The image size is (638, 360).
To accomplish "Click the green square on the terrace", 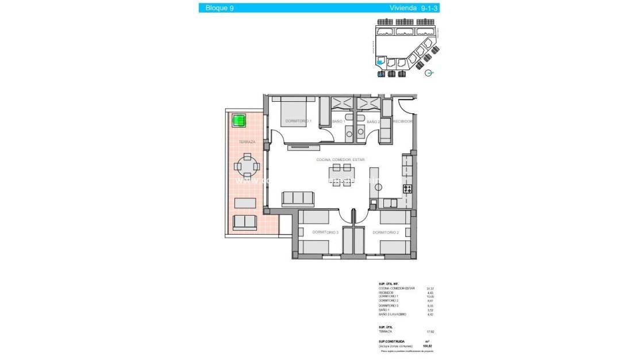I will pyautogui.click(x=239, y=120).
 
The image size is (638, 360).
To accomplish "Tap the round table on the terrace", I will pyautogui.click(x=247, y=167).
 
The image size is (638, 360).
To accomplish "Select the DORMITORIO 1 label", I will pyautogui.click(x=298, y=121).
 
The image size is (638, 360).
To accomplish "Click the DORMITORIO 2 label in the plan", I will pyautogui.click(x=385, y=232).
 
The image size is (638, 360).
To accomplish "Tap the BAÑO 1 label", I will pyautogui.click(x=339, y=122).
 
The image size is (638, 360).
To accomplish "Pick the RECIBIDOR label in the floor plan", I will pyautogui.click(x=403, y=122).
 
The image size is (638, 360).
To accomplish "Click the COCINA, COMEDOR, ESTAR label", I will pyautogui.click(x=340, y=160).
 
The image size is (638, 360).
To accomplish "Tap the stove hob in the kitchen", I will pyautogui.click(x=408, y=189).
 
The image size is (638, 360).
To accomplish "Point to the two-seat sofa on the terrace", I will pyautogui.click(x=245, y=222).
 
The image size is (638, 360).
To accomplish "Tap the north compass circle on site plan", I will pyautogui.click(x=428, y=72).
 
